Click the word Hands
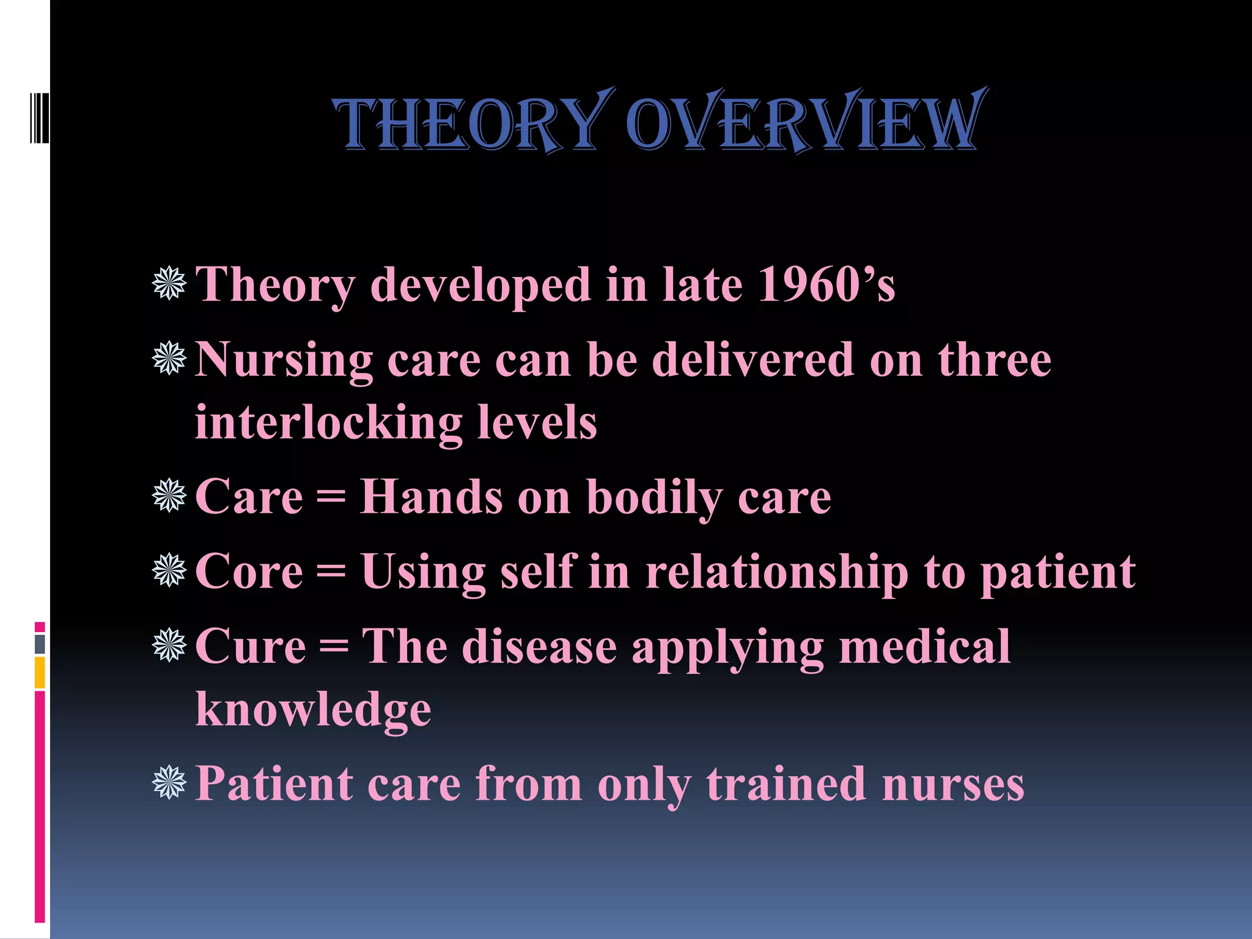pos(431,496)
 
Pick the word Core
pos(249,572)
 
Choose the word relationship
pos(776,573)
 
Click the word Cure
pos(250,647)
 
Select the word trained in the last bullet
pos(786,784)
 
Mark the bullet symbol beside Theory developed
pos(169,283)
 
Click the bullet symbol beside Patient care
pos(169,782)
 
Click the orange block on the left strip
pos(40,672)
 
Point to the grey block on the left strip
pos(40,644)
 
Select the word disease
pos(539,647)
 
